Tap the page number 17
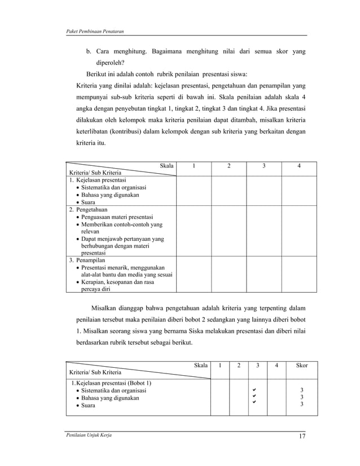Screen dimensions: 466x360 coord(302,436)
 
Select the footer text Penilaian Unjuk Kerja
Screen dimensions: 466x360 coord(85,436)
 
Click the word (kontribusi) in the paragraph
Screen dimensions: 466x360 coord(127,132)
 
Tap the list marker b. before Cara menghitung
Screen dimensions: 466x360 coord(89,52)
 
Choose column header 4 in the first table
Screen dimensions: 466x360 coord(299,166)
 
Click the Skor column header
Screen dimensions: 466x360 coord(302,366)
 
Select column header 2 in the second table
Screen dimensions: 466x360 coord(239,366)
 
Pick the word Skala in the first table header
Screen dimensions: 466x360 coord(166,166)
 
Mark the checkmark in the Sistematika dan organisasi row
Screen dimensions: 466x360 coord(254,390)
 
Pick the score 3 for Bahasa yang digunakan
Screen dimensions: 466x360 coord(301,398)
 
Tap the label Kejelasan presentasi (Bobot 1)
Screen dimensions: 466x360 coord(110,383)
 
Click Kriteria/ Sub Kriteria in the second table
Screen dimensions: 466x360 coord(95,372)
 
